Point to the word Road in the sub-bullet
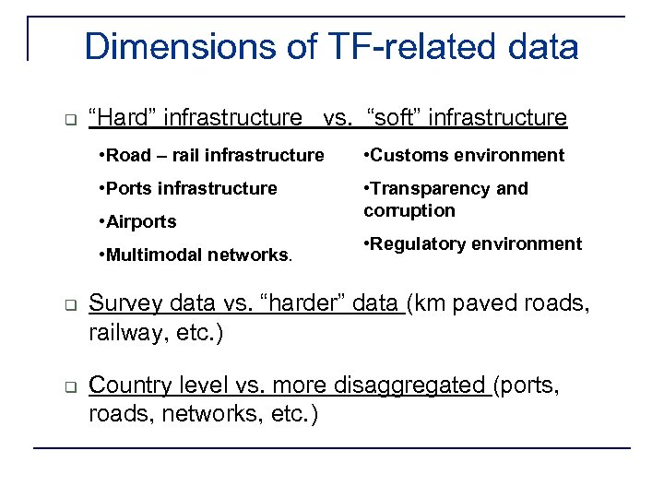pos(127,155)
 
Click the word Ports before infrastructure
pos(128,188)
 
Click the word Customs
pos(403,155)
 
